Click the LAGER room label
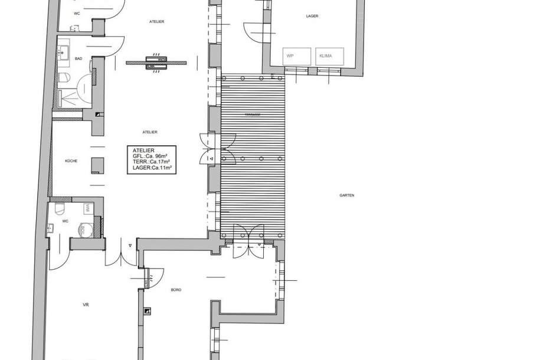pyautogui.click(x=313, y=17)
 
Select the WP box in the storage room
pyautogui.click(x=290, y=56)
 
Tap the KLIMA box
pyautogui.click(x=325, y=56)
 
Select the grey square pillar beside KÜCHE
pyautogui.click(x=97, y=165)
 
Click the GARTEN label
pyautogui.click(x=346, y=195)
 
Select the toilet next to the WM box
pyautogui.click(x=60, y=208)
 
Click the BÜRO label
pyautogui.click(x=176, y=290)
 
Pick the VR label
pyautogui.click(x=86, y=305)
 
